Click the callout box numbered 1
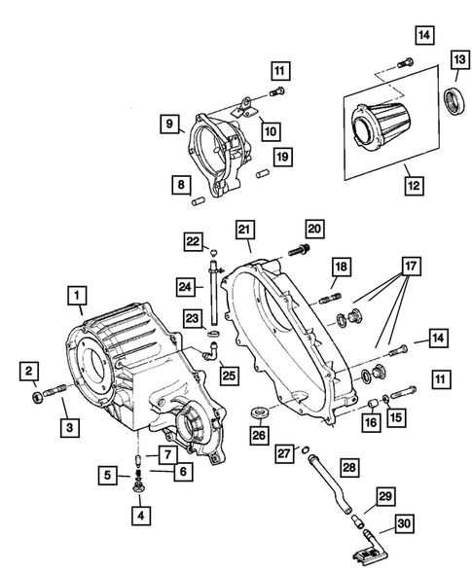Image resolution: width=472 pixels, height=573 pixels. point(76,292)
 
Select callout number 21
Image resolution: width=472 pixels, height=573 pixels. point(245,230)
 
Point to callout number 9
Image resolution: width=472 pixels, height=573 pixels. point(169,124)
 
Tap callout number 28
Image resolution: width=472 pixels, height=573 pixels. point(349,468)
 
